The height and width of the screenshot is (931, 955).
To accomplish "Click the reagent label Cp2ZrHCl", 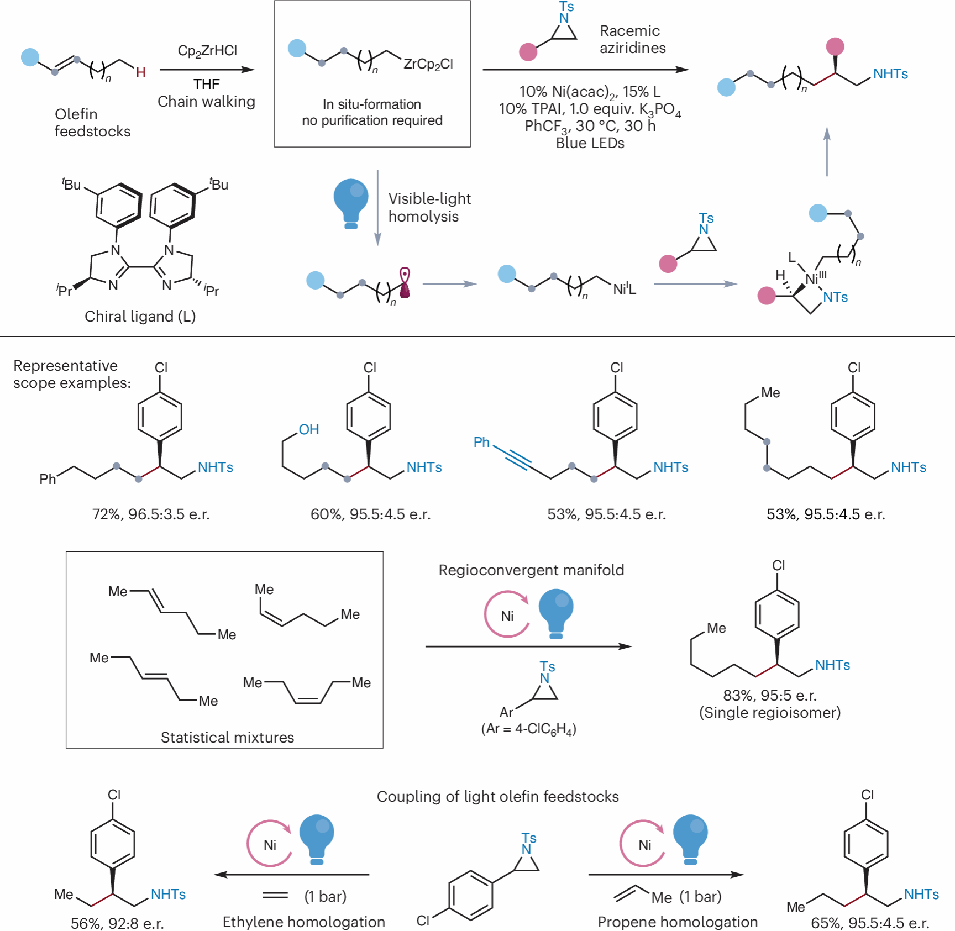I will click(207, 51).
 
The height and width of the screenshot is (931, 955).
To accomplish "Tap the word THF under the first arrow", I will click(207, 84).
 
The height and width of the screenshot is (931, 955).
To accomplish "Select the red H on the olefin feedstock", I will click(141, 72).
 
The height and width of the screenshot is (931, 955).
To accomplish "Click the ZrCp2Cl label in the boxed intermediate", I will click(428, 64).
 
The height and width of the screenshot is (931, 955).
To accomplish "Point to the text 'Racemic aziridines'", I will click(632, 39).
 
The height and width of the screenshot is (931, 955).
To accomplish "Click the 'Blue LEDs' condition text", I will click(590, 143).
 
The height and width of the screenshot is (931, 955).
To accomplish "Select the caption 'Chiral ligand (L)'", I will click(140, 316).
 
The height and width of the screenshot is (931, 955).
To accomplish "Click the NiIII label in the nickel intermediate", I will click(815, 278).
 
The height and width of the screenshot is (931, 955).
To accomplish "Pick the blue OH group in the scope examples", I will click(309, 429).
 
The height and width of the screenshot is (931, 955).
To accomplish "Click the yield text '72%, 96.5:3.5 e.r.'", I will click(151, 514).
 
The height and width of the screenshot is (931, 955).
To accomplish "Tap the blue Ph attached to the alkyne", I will click(481, 442).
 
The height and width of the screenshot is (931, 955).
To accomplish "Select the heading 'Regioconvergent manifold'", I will click(531, 570).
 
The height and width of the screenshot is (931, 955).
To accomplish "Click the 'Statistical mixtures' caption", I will click(227, 737).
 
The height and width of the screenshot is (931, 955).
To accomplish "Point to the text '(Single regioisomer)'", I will click(770, 712).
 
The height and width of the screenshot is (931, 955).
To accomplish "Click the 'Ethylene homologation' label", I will click(303, 922).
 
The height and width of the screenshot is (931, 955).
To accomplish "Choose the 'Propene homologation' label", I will click(678, 922).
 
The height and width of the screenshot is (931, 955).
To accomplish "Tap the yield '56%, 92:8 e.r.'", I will click(117, 923).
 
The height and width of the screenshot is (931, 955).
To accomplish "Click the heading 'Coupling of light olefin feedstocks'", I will click(497, 796).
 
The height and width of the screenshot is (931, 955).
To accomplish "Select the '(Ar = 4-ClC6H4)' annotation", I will click(529, 729).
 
